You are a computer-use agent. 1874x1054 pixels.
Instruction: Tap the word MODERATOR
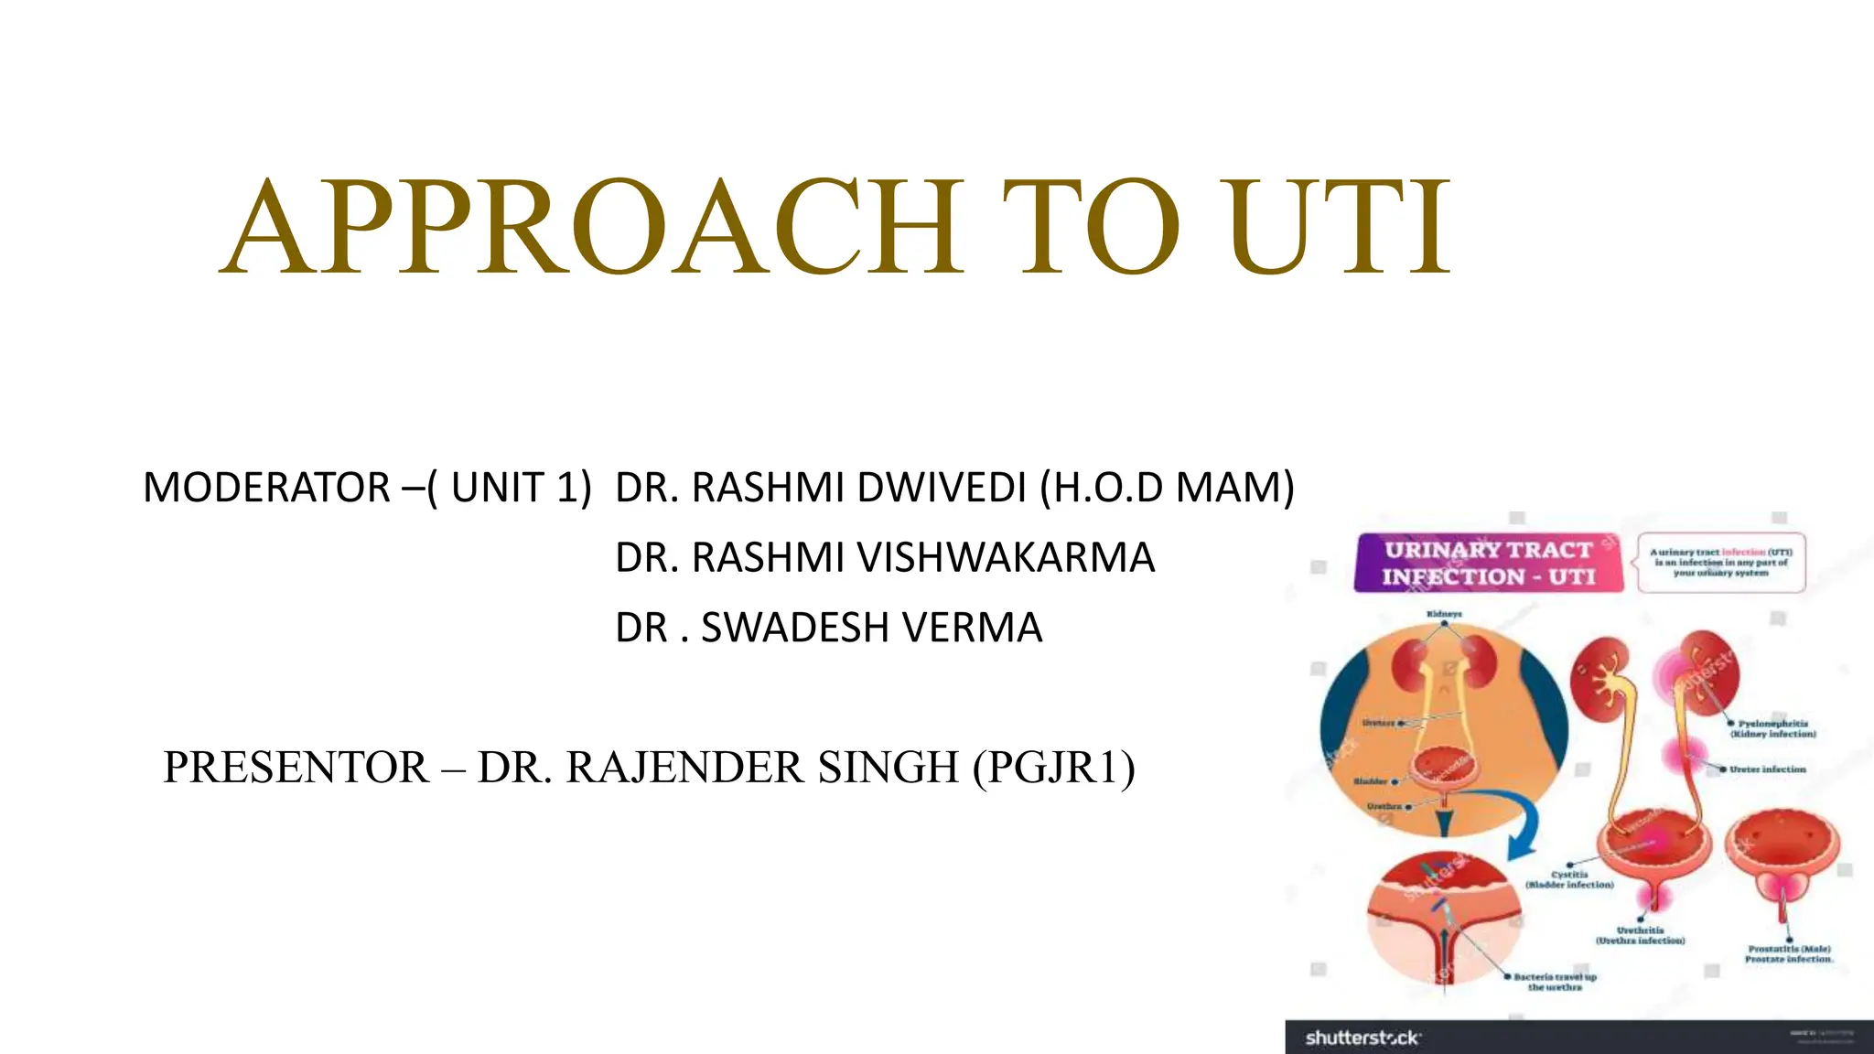pyautogui.click(x=266, y=487)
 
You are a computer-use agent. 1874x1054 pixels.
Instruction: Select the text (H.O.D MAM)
pyautogui.click(x=1167, y=487)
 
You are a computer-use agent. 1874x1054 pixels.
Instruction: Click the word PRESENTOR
pyautogui.click(x=296, y=767)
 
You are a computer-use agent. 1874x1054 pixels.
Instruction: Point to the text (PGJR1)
pyautogui.click(x=1054, y=767)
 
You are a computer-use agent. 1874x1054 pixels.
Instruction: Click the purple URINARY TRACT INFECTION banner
pyautogui.click(x=1488, y=563)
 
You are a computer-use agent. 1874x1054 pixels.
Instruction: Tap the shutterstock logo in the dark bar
pyautogui.click(x=1362, y=1038)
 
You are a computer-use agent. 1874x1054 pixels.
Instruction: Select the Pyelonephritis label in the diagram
pyautogui.click(x=1772, y=728)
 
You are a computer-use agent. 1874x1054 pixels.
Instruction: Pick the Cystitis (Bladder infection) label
pyautogui.click(x=1569, y=879)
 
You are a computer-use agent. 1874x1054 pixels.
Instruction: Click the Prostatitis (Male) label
pyautogui.click(x=1789, y=953)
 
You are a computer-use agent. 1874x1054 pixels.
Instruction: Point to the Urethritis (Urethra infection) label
pyautogui.click(x=1640, y=935)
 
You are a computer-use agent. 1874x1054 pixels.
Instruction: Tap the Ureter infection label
pyautogui.click(x=1767, y=769)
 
